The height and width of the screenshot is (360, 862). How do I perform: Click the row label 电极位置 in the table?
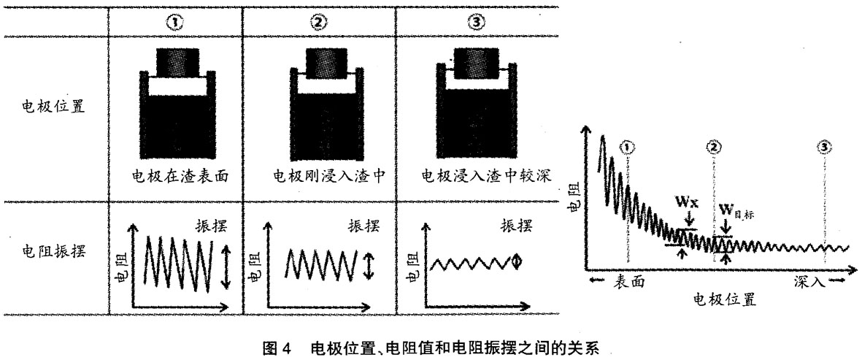tap(53, 105)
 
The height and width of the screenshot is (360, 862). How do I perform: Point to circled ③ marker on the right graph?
tap(824, 148)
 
